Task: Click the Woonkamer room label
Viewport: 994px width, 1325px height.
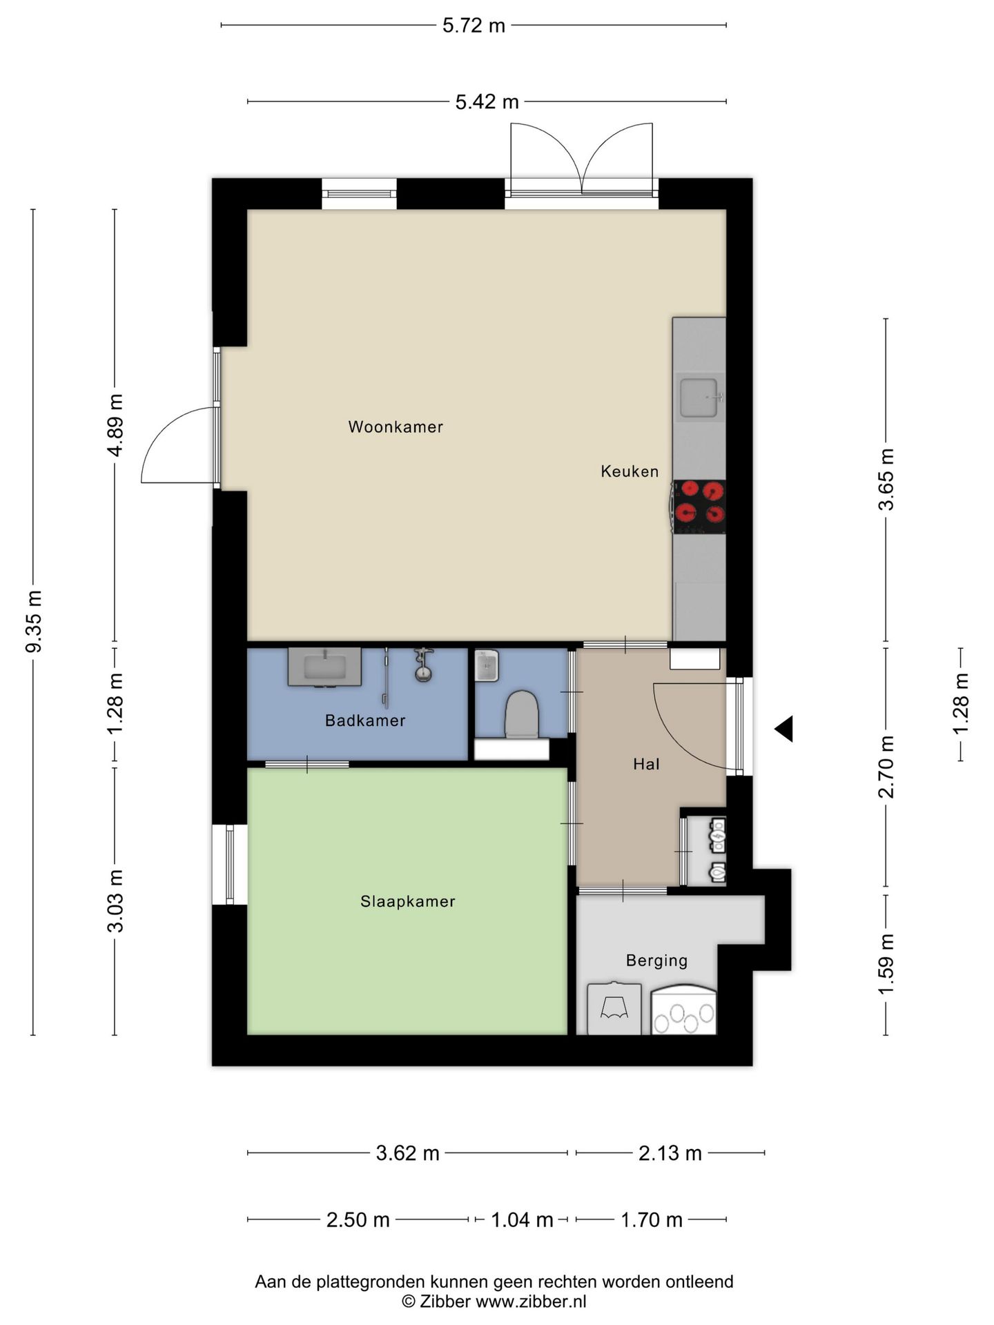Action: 396,427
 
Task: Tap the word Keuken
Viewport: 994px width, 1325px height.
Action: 630,471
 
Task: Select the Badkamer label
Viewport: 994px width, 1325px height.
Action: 365,720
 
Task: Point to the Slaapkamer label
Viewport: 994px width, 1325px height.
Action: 408,901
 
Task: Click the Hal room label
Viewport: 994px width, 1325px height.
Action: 647,764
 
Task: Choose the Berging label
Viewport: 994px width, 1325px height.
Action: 657,961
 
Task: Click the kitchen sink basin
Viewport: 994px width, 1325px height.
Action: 699,398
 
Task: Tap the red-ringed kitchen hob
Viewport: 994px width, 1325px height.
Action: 699,507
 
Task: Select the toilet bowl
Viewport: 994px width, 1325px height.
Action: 522,714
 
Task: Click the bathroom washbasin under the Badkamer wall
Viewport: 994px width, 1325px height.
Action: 324,667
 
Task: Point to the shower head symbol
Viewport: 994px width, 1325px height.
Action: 422,665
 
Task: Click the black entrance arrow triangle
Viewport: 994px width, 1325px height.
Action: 784,729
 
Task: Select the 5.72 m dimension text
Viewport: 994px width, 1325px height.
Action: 474,26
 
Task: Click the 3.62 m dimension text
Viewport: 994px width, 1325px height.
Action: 407,1153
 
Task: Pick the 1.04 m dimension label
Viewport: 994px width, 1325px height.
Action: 522,1220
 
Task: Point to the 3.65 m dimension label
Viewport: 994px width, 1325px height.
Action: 886,479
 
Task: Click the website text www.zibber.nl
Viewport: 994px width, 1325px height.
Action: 532,1302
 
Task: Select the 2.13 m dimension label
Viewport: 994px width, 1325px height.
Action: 670,1153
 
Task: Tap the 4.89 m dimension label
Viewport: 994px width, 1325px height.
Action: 115,425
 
